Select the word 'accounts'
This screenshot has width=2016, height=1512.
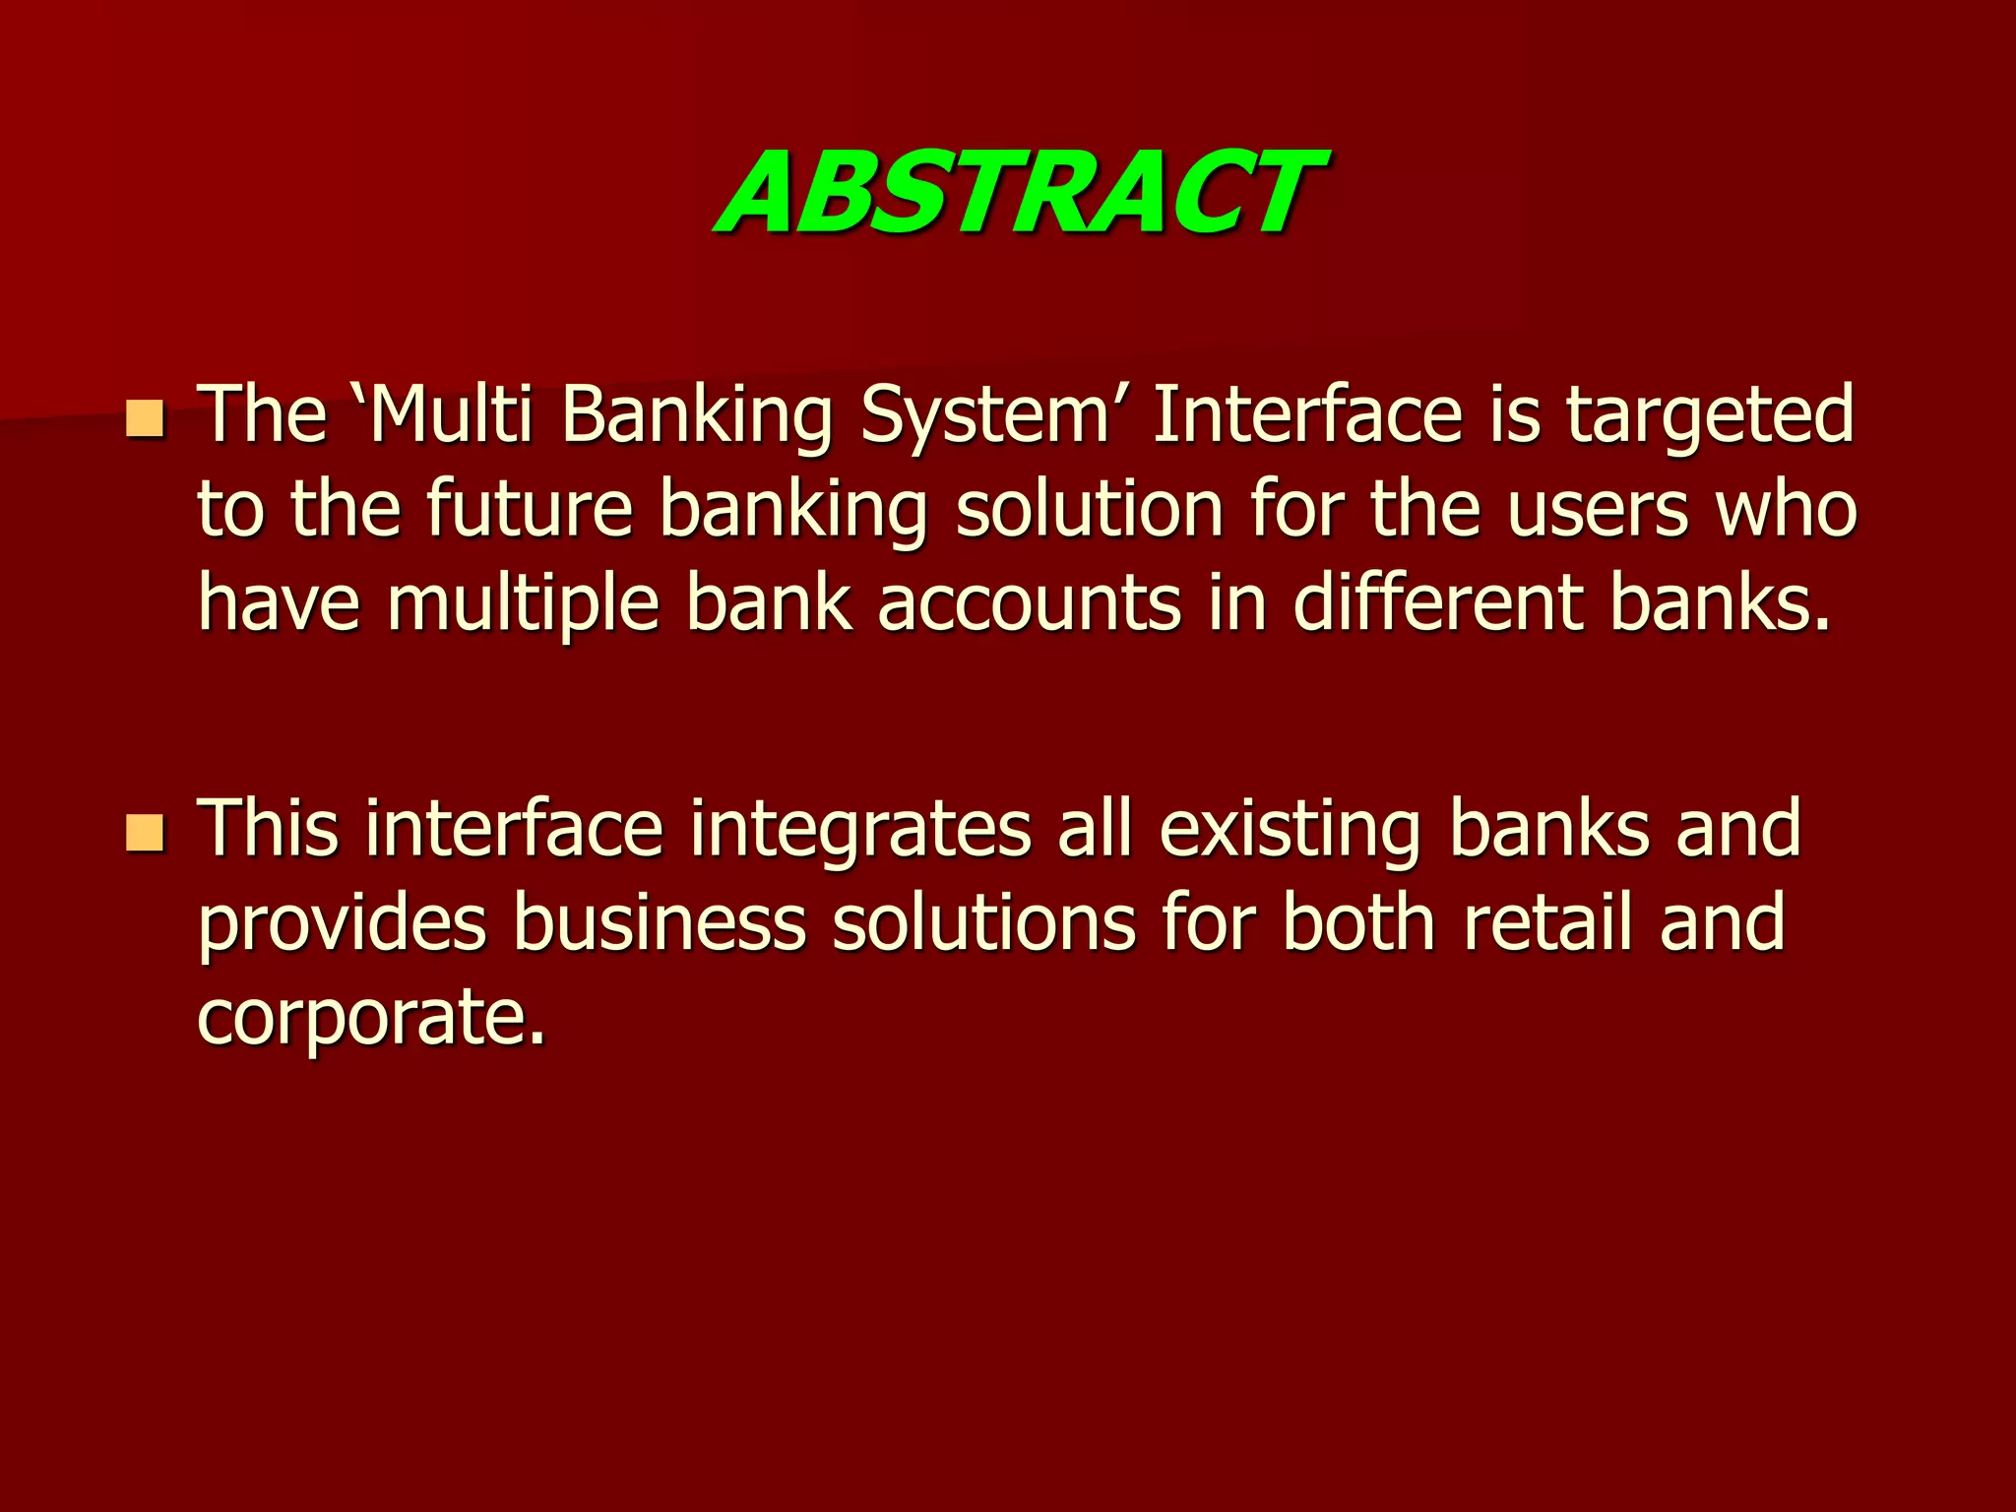click(x=1029, y=603)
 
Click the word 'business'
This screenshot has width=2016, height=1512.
click(x=660, y=923)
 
